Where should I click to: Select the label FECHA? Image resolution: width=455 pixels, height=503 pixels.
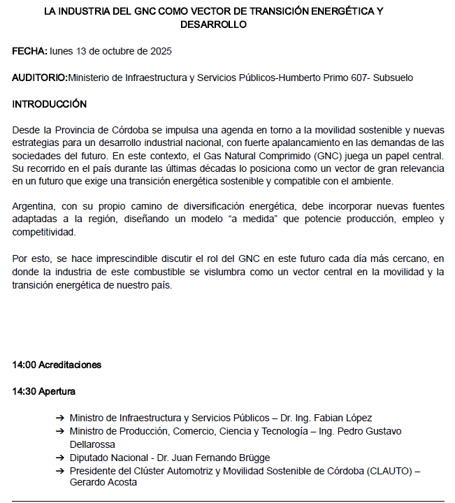click(x=30, y=52)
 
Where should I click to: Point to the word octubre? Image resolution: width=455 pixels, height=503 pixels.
click(x=119, y=52)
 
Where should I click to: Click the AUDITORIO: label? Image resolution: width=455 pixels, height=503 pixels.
click(x=40, y=78)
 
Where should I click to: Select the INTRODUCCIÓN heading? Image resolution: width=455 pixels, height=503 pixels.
click(x=50, y=104)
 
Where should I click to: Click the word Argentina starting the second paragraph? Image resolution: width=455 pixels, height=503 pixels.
click(x=34, y=207)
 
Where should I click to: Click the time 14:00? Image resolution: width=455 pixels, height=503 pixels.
click(x=24, y=365)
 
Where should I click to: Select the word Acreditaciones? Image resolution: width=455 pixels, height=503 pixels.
click(x=70, y=365)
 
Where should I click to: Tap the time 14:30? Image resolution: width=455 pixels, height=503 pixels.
click(x=24, y=391)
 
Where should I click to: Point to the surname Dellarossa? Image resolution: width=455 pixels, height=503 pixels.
click(x=92, y=444)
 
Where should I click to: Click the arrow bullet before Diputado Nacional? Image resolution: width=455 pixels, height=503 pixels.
click(x=61, y=458)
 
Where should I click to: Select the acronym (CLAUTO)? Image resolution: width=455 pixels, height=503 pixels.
click(x=385, y=470)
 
